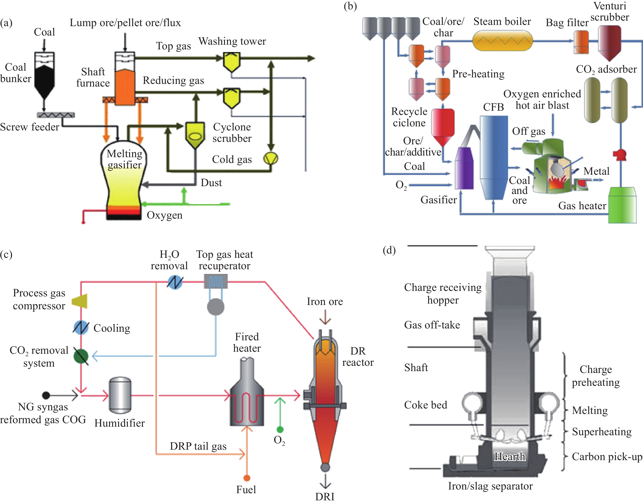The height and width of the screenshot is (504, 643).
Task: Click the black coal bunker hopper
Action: [44, 80]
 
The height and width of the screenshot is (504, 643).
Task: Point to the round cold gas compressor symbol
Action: [271, 158]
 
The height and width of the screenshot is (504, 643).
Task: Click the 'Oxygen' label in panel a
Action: [164, 215]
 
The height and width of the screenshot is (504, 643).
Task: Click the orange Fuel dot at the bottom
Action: [247, 478]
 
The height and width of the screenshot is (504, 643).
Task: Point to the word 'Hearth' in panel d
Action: [510, 456]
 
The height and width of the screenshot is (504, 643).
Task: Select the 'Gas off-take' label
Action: [432, 325]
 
